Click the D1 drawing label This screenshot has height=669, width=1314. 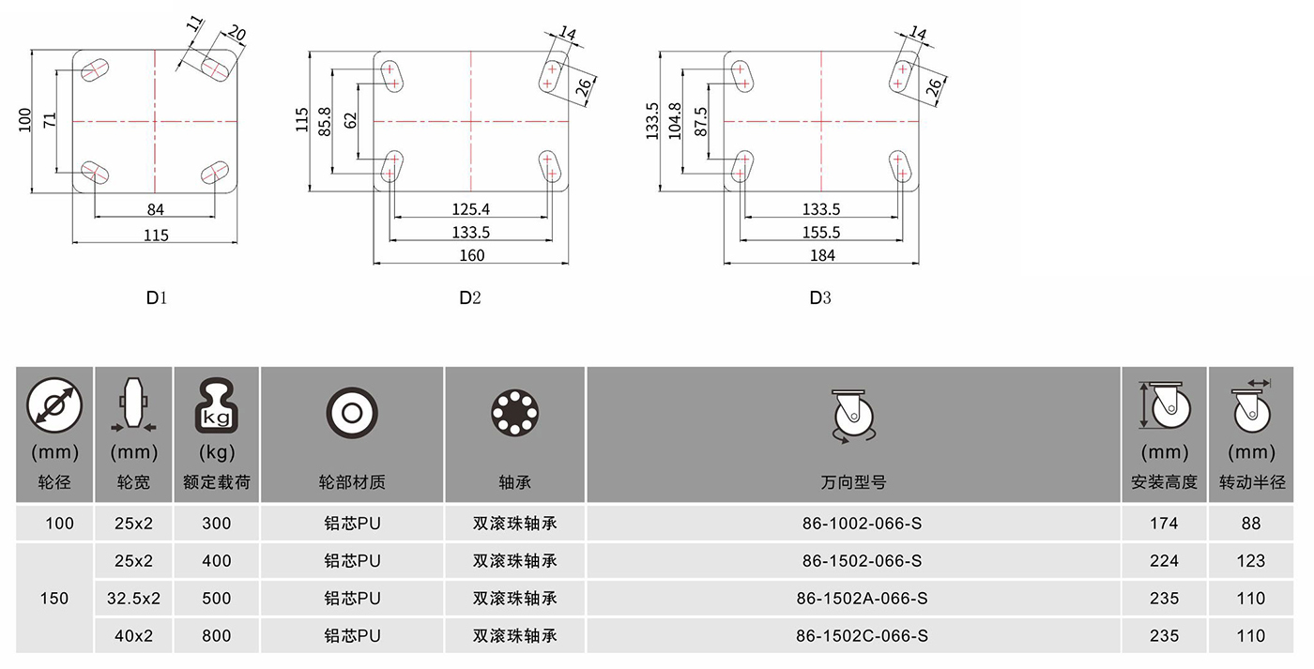coord(157,297)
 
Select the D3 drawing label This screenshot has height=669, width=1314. coord(820,297)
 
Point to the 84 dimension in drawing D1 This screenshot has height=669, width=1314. coord(156,209)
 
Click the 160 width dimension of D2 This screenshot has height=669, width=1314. coord(471,255)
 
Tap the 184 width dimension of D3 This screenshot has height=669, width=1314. coord(822,255)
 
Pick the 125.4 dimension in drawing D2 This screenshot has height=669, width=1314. coord(470,209)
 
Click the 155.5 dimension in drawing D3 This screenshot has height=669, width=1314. coord(821,232)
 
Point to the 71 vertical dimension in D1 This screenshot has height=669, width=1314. coord(50,120)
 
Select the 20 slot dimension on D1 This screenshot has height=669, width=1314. coord(236,33)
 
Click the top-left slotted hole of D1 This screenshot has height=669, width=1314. coord(95,70)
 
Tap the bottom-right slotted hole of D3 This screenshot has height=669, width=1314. coord(900,166)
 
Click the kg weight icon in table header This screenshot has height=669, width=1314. coord(217,405)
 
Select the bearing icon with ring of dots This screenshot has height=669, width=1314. coord(514,414)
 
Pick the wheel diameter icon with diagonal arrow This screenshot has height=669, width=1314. coord(54,405)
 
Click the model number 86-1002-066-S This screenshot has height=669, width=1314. coord(862,523)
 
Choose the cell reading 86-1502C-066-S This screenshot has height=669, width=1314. coord(862,635)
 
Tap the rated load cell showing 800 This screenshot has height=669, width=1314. coord(217,635)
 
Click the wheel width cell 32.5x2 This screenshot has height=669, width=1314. coord(133,598)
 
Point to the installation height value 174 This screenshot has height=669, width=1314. coord(1164,523)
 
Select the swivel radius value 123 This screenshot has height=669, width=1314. coord(1250,560)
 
